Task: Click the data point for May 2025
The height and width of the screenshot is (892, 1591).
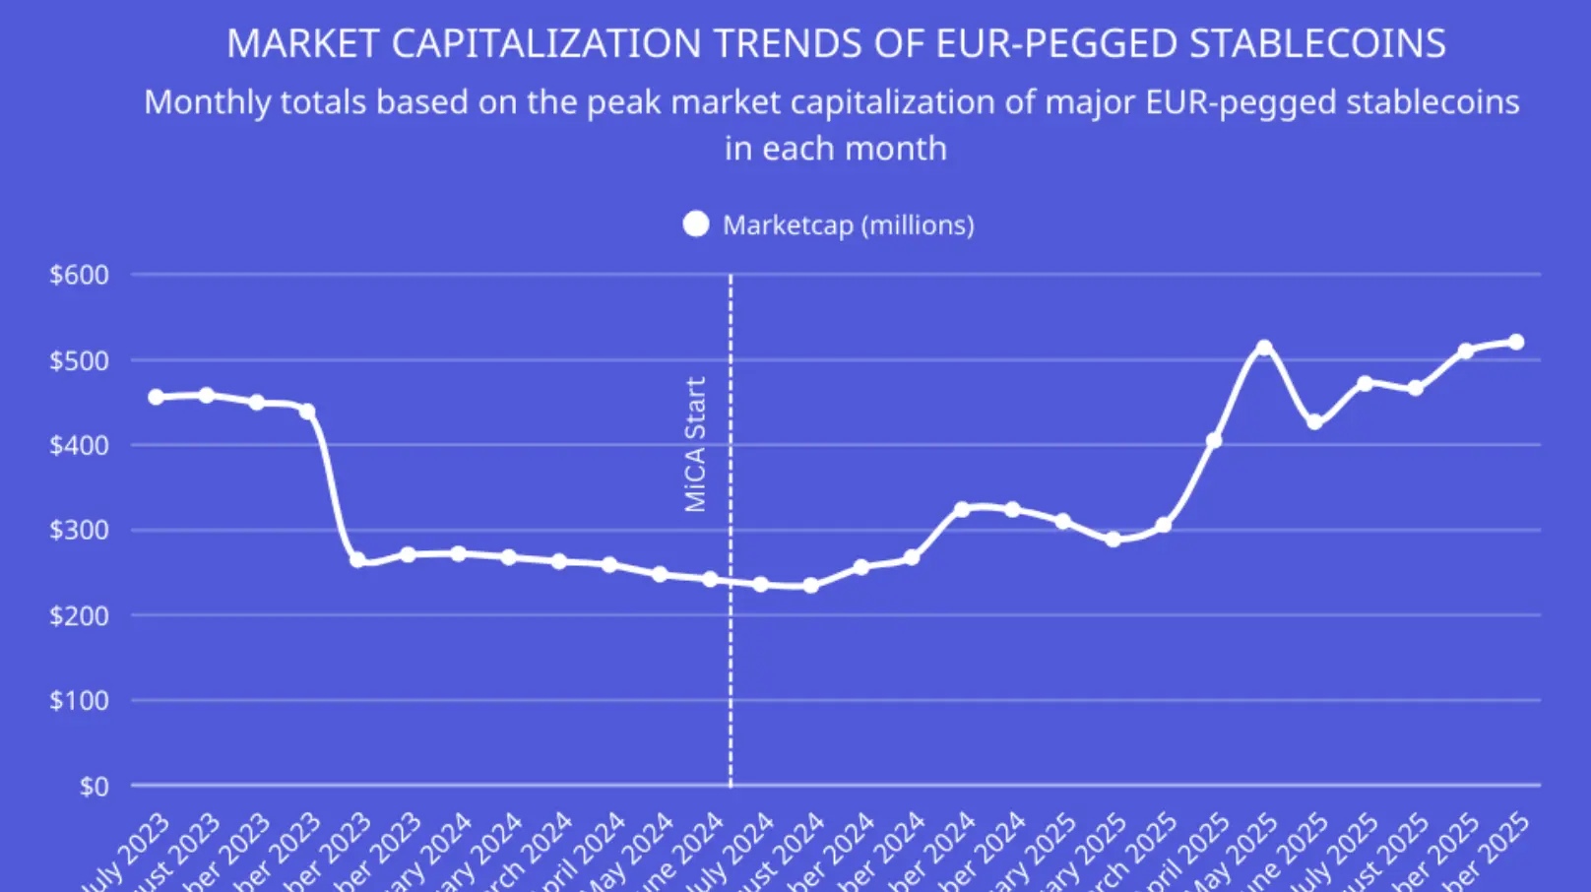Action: tap(1264, 348)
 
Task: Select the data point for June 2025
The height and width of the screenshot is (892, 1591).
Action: tap(1314, 421)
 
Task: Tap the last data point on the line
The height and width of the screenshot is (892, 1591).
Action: tap(1516, 342)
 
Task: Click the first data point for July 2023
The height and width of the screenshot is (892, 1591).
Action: tap(156, 397)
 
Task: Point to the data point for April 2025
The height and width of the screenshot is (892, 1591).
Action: tap(1214, 440)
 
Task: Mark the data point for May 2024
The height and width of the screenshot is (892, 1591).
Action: tap(660, 574)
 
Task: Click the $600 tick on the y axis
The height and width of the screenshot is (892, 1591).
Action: tap(79, 275)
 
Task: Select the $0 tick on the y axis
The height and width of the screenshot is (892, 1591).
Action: tap(94, 786)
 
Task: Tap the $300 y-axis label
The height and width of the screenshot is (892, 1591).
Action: tap(79, 530)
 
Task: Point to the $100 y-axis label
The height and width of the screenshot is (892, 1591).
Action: tap(79, 700)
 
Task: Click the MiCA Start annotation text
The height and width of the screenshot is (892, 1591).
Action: tap(695, 444)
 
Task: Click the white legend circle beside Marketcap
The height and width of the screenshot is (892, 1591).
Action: tap(696, 224)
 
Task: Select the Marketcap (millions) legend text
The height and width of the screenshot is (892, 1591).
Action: tap(848, 225)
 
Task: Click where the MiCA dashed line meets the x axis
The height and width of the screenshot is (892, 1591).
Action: tap(731, 785)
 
